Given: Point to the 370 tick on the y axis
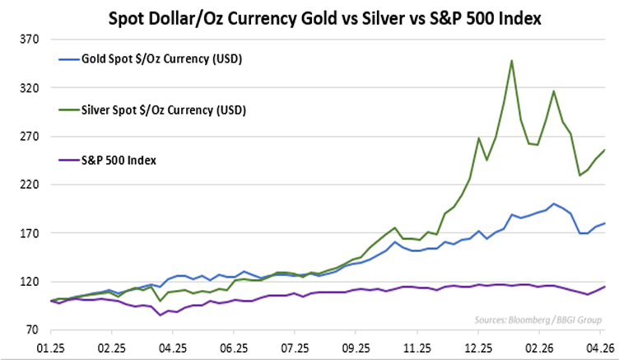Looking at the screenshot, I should [x=30, y=40].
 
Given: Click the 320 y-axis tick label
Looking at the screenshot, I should [x=30, y=88].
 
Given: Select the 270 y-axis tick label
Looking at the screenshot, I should [x=30, y=137].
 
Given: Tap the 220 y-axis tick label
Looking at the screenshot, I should [x=30, y=185].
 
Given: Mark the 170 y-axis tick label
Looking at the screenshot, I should [x=30, y=233].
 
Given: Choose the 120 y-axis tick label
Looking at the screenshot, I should [x=30, y=282].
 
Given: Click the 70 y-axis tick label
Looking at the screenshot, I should [x=33, y=330].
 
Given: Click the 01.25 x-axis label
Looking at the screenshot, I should [x=51, y=348].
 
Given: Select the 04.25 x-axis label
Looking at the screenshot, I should [x=173, y=348].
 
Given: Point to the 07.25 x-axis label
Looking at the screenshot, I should [x=295, y=348].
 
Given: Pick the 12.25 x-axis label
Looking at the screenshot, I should [x=477, y=348].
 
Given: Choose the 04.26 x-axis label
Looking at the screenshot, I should [x=599, y=348].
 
